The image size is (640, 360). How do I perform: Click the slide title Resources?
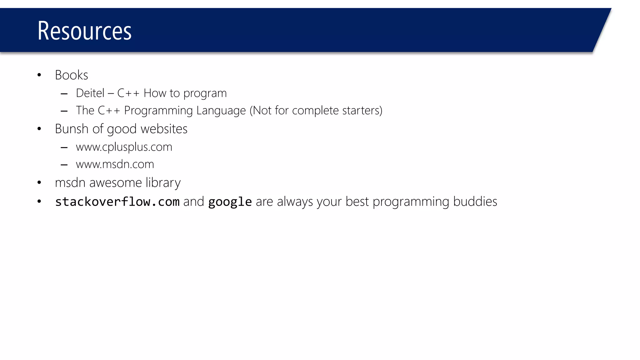pyautogui.click(x=84, y=31)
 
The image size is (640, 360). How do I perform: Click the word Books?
pyautogui.click(x=71, y=75)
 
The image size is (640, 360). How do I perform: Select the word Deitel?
pyautogui.click(x=90, y=93)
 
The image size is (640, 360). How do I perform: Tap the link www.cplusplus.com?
pyautogui.click(x=124, y=147)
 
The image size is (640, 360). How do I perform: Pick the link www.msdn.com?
pyautogui.click(x=115, y=164)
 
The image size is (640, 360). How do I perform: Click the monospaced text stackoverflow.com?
pyautogui.click(x=117, y=202)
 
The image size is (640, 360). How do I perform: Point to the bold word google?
pyautogui.click(x=230, y=202)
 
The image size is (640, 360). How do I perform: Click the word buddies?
pyautogui.click(x=475, y=202)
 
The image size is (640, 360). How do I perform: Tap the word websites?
pyautogui.click(x=164, y=129)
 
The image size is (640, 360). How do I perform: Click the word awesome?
pyautogui.click(x=115, y=183)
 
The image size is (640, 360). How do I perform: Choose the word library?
pyautogui.click(x=163, y=183)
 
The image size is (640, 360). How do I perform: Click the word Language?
pyautogui.click(x=221, y=111)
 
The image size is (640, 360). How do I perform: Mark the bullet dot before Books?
pyautogui.click(x=39, y=75)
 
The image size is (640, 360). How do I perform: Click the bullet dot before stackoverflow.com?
pyautogui.click(x=39, y=202)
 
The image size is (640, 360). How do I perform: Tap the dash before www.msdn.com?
pyautogui.click(x=64, y=165)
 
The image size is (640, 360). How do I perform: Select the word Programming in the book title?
pyautogui.click(x=158, y=111)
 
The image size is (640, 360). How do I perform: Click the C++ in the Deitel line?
pyautogui.click(x=128, y=93)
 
